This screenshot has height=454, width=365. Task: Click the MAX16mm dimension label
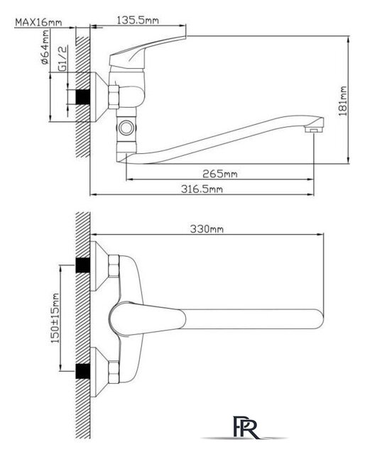pos(38,22)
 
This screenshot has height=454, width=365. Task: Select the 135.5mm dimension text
pos(138,21)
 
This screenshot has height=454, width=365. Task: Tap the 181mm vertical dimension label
pos(343,101)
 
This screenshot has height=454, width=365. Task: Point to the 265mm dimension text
pos(219,174)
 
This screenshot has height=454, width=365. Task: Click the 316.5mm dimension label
pos(202,189)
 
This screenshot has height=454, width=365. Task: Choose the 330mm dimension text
pos(207,229)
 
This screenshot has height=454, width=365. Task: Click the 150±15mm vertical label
pos(55,319)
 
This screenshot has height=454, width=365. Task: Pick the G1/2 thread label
pos(62,58)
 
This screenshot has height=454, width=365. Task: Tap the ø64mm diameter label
pos(45,48)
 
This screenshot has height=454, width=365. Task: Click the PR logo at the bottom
pos(246,427)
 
